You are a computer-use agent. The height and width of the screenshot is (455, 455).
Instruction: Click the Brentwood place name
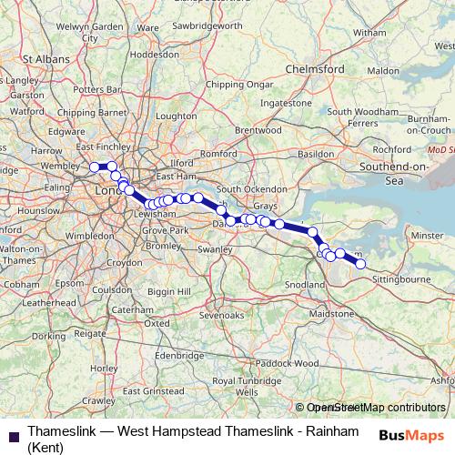pos(257,130)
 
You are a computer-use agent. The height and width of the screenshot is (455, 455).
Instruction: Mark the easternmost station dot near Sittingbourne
pos(360,264)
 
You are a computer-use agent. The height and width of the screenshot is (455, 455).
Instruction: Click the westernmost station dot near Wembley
pos(94,167)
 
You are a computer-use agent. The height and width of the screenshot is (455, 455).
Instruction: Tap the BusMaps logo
pos(405,434)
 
